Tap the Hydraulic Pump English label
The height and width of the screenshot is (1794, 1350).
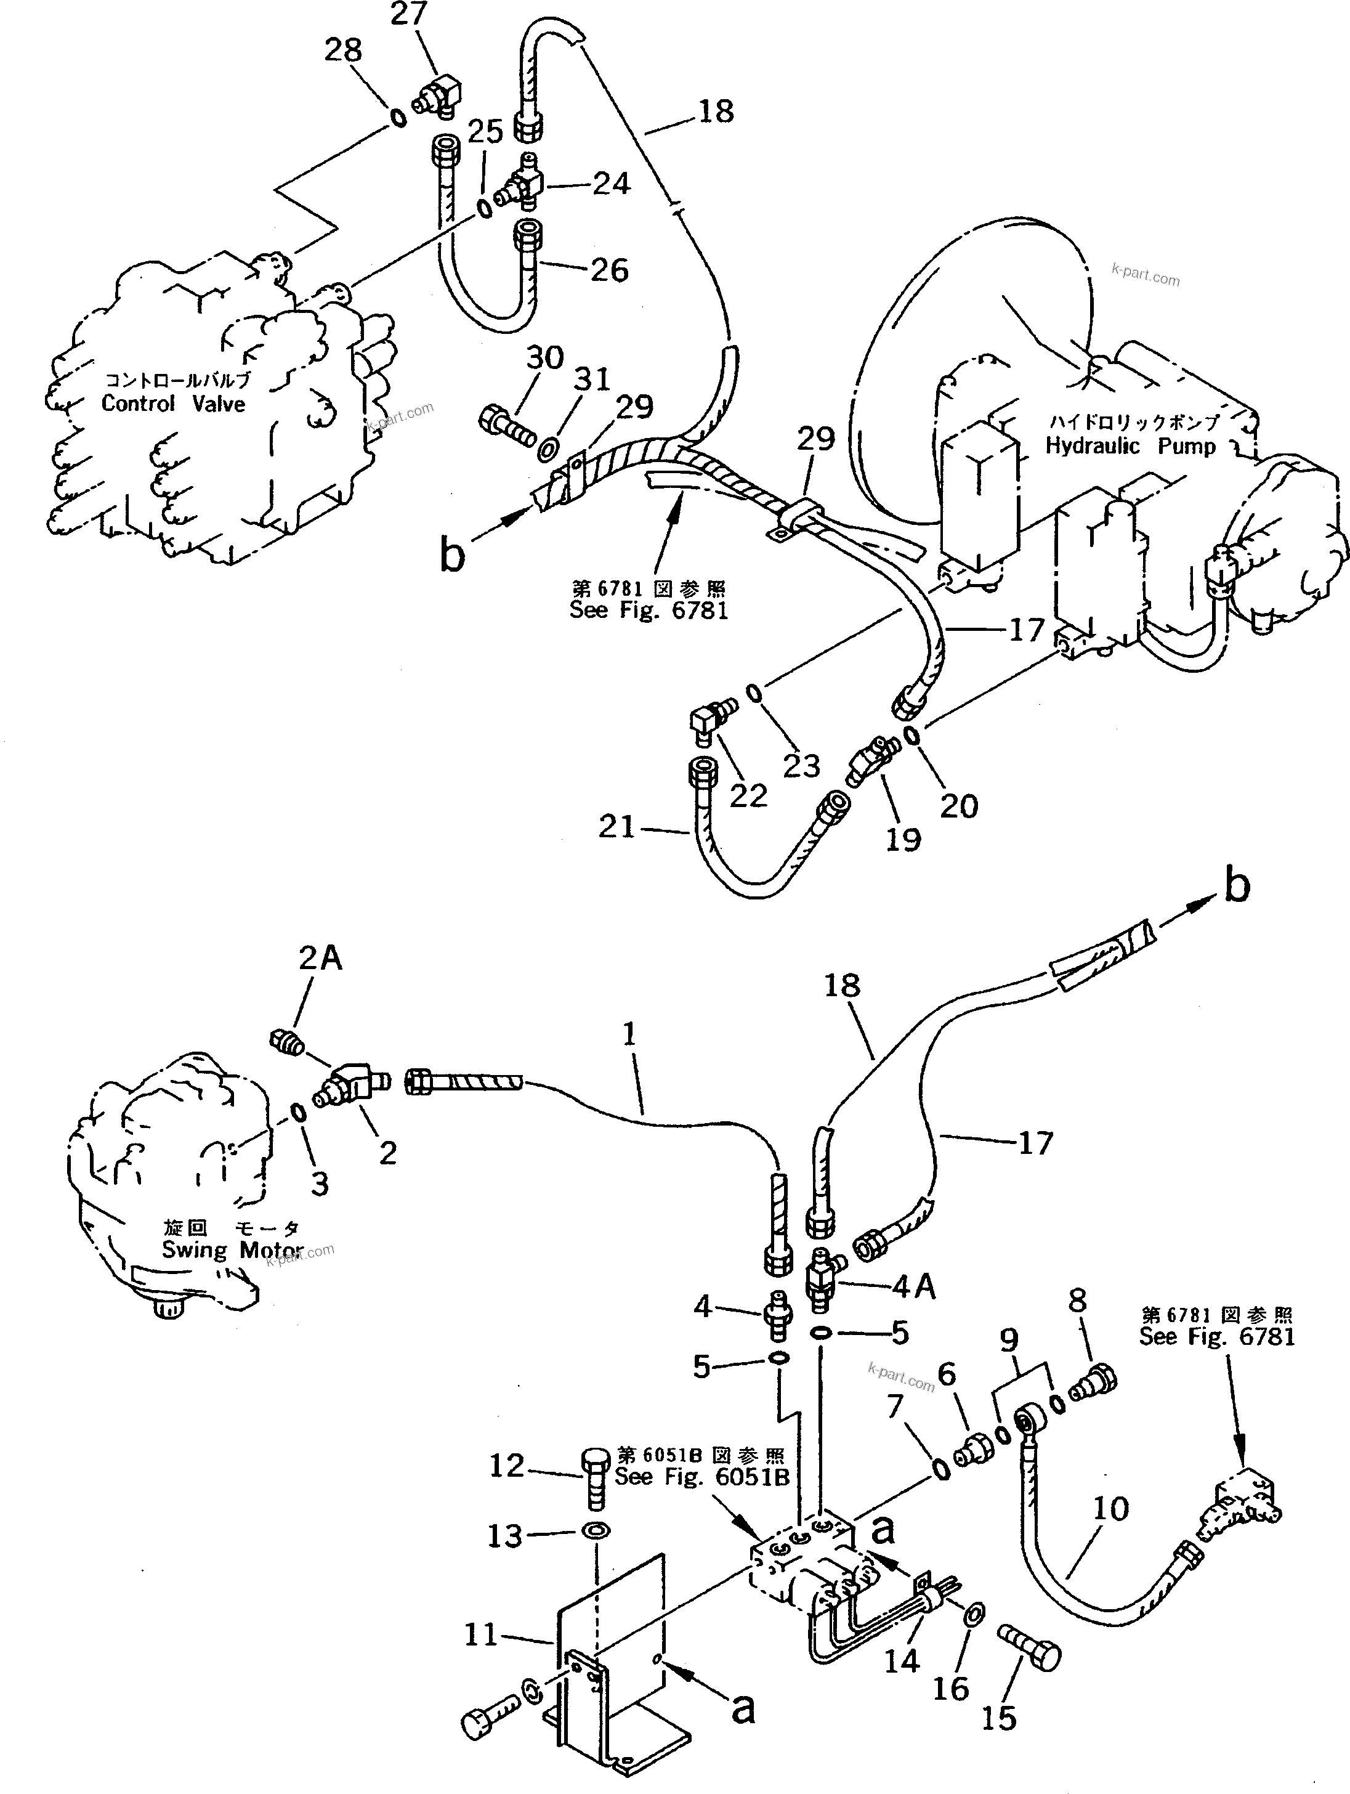pyautogui.click(x=1130, y=446)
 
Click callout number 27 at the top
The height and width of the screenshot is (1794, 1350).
pyautogui.click(x=409, y=13)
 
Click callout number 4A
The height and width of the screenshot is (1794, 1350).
pyautogui.click(x=914, y=1287)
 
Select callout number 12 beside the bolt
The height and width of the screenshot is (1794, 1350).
pyautogui.click(x=507, y=1466)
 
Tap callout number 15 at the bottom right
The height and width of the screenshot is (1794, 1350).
pyautogui.click(x=999, y=1718)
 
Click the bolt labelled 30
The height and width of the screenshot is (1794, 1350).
pyautogui.click(x=507, y=425)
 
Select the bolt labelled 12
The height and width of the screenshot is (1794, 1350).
pyautogui.click(x=596, y=1482)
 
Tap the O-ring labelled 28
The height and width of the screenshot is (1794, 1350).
pyautogui.click(x=398, y=118)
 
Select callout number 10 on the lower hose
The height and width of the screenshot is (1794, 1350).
pyautogui.click(x=1110, y=1509)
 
